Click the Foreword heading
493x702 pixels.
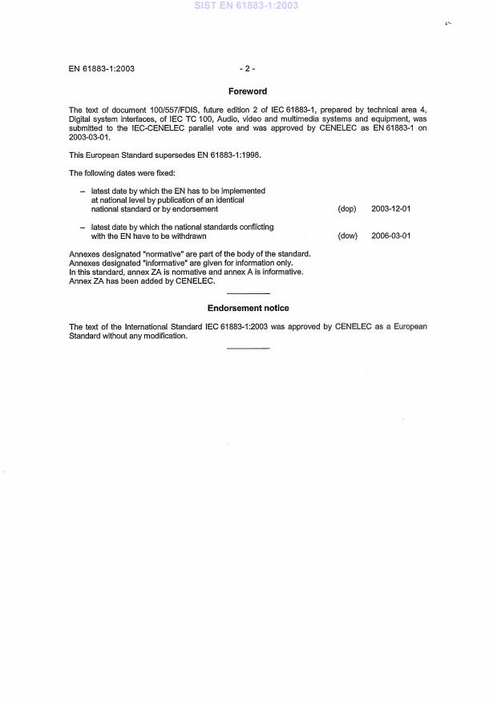coord(248,91)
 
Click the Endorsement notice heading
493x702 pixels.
coord(248,308)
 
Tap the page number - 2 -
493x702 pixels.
coord(248,68)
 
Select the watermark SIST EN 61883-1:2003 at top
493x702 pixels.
coord(246,6)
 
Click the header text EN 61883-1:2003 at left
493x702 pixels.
coord(102,68)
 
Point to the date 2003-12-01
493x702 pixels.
coord(391,208)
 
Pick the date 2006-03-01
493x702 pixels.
coord(391,236)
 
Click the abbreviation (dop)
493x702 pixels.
coord(347,208)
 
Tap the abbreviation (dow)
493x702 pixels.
coord(347,236)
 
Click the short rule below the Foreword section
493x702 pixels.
coord(248,294)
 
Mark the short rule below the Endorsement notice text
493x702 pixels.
coord(248,348)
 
